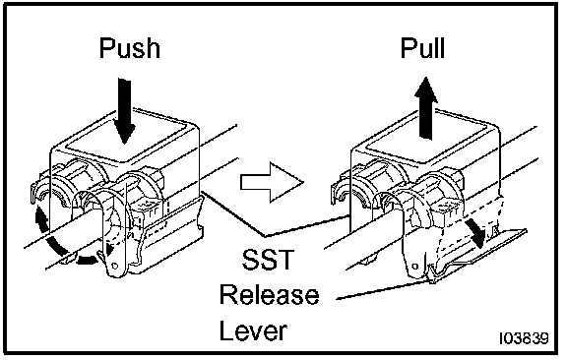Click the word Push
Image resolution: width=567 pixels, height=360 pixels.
tap(130, 48)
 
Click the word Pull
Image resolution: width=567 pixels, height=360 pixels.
tap(422, 48)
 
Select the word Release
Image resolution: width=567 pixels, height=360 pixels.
tap(270, 295)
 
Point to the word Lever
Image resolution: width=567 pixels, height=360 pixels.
tap(254, 330)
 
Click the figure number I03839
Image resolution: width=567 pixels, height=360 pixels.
tap(524, 338)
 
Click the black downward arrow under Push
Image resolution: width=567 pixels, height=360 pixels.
tap(124, 111)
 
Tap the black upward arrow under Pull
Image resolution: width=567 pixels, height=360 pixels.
tap(426, 108)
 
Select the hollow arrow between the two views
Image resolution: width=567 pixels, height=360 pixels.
tap(272, 181)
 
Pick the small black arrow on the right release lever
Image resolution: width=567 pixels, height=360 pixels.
tap(474, 233)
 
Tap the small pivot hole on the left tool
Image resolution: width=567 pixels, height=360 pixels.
tap(115, 266)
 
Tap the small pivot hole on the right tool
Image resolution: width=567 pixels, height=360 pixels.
tap(414, 267)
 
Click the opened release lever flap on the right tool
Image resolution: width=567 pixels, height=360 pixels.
tap(477, 253)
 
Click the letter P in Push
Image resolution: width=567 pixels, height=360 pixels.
tap(106, 48)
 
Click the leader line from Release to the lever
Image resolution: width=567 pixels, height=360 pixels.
tap(383, 290)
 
